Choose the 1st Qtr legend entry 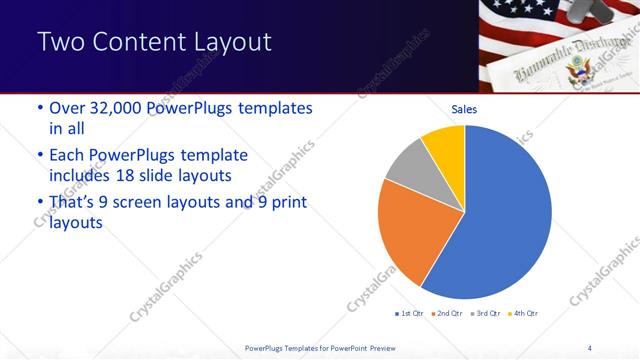pyautogui.click(x=410, y=314)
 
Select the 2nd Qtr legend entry pyautogui.click(x=446, y=314)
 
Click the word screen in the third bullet pyautogui.click(x=164, y=203)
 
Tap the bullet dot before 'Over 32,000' pyautogui.click(x=39, y=108)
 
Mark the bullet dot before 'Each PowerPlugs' pyautogui.click(x=39, y=156)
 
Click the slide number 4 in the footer pyautogui.click(x=589, y=347)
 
